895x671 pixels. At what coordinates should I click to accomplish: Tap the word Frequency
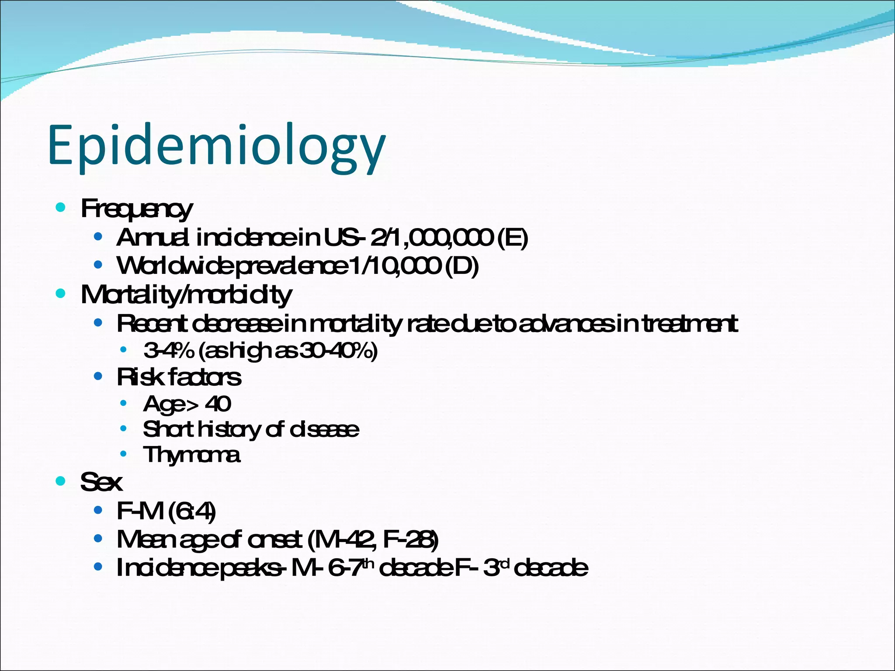click(x=136, y=209)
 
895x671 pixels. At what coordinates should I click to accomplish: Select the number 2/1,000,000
click(x=431, y=238)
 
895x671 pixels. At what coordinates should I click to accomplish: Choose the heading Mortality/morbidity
click(x=186, y=295)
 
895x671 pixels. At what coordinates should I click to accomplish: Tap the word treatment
click(x=690, y=324)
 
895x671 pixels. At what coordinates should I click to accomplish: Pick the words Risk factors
click(x=179, y=377)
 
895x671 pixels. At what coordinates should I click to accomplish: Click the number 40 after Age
click(x=218, y=404)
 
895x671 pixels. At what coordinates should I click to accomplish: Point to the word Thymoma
click(x=191, y=455)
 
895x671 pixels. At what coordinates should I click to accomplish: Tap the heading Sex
click(x=101, y=482)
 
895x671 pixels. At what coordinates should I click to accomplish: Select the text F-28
click(x=410, y=540)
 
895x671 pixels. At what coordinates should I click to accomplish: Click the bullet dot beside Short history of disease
click(x=124, y=429)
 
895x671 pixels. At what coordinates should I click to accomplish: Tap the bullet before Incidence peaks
click(x=98, y=567)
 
